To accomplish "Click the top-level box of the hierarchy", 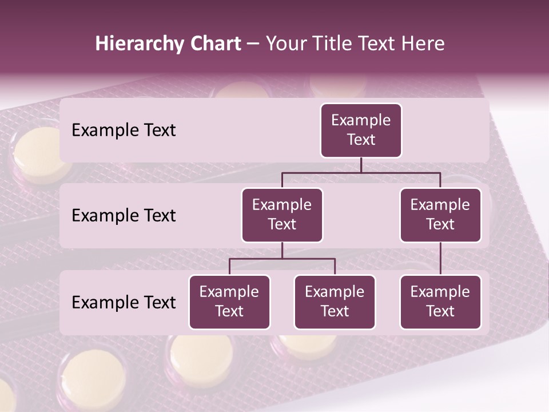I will (361, 130).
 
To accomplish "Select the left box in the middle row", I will (282, 215).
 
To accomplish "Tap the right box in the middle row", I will (440, 215).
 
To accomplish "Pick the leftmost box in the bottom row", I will (229, 302).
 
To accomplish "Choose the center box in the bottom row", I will (335, 302).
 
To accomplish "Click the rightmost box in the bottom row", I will (440, 302).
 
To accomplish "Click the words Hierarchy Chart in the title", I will (168, 43).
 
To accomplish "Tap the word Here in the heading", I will (423, 43).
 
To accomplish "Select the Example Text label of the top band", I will (124, 130).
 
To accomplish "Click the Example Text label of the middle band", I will (124, 215).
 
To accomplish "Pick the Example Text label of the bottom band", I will (124, 302).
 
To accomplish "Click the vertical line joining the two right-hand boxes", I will (440, 259).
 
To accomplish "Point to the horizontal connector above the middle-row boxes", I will (361, 172).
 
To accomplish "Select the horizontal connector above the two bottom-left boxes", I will (282, 259).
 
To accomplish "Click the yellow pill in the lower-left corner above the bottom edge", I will (93, 381).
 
